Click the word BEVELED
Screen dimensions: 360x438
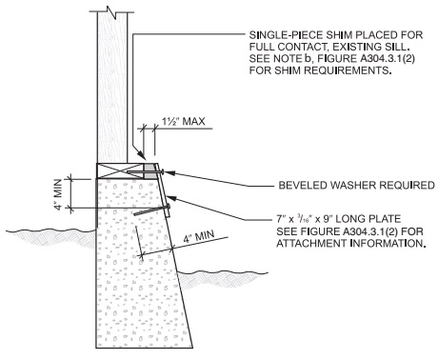click(x=276, y=185)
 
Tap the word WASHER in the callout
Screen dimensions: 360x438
click(x=328, y=185)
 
